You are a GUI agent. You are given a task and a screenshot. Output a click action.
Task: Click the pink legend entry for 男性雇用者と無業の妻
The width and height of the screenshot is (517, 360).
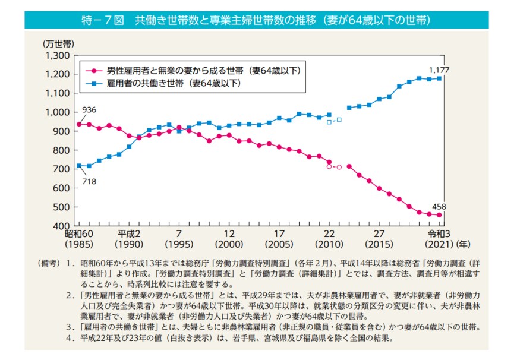coord(196,70)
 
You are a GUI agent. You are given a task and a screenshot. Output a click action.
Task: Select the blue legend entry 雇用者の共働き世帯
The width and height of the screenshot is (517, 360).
coord(172,83)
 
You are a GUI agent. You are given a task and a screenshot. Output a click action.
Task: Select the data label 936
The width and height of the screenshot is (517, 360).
coord(89,110)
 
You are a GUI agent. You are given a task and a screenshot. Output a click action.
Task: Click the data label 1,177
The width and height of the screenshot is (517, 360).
coord(439,70)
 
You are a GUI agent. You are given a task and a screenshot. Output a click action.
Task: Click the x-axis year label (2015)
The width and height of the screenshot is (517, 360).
coord(379,244)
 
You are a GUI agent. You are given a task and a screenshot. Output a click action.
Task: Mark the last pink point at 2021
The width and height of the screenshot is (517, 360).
coord(439,215)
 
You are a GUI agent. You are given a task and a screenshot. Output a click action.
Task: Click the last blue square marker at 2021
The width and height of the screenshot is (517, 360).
coord(439,78)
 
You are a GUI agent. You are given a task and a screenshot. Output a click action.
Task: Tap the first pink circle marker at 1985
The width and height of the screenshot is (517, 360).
coord(80,124)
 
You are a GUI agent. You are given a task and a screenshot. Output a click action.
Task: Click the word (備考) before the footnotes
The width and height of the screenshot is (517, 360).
coord(48,263)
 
